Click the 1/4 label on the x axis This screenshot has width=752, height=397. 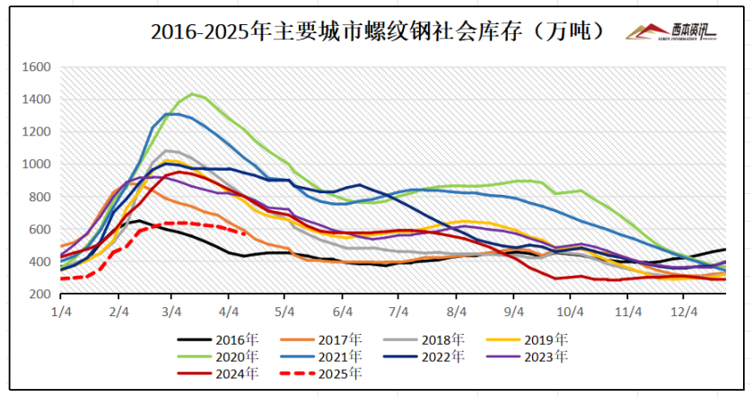(x=62, y=312)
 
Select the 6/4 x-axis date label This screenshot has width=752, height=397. (x=343, y=312)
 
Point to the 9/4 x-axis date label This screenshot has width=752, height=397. (x=515, y=312)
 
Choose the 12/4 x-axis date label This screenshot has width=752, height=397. (x=684, y=312)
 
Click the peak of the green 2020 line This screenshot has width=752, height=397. (x=192, y=93)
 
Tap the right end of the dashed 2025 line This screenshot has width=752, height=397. (x=247, y=234)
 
